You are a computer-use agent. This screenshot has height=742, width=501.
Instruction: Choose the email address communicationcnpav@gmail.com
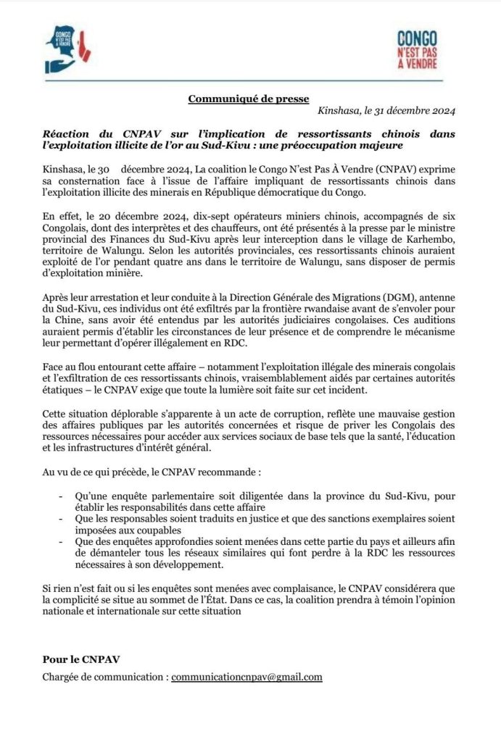247,678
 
